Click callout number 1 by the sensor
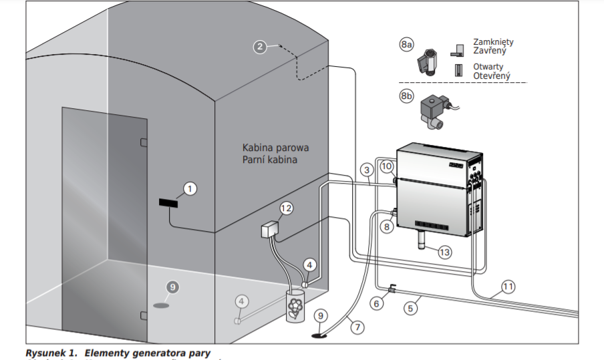(x=190, y=189)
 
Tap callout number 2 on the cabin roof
(x=261, y=47)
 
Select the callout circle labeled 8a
(x=407, y=45)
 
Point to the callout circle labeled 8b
(x=407, y=96)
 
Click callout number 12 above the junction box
(x=286, y=209)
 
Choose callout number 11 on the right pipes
(x=508, y=287)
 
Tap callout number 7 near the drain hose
(x=357, y=327)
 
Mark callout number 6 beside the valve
(x=378, y=303)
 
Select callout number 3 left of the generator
(x=367, y=170)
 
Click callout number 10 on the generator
(x=387, y=166)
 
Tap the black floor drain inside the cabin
(x=161, y=305)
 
